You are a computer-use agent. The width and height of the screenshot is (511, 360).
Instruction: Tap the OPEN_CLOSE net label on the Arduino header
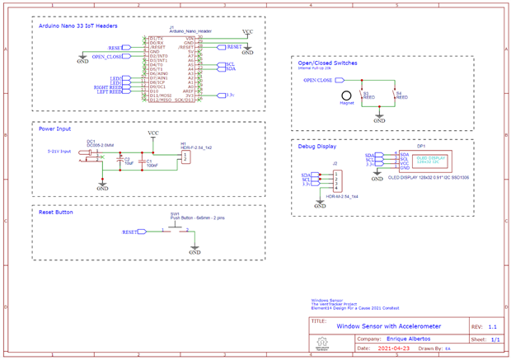(x=107, y=57)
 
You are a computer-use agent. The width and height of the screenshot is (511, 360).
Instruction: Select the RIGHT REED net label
(x=107, y=86)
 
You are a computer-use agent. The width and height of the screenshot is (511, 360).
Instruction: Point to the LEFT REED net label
(x=108, y=91)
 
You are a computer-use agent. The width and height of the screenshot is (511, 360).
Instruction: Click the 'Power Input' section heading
(x=56, y=129)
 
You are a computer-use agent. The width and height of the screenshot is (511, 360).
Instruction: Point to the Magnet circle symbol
(x=347, y=96)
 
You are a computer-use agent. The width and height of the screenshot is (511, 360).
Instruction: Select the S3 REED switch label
(x=367, y=96)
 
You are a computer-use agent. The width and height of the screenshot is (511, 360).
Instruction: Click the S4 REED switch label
(x=400, y=96)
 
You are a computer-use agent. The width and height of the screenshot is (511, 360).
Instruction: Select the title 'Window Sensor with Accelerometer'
(x=388, y=325)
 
